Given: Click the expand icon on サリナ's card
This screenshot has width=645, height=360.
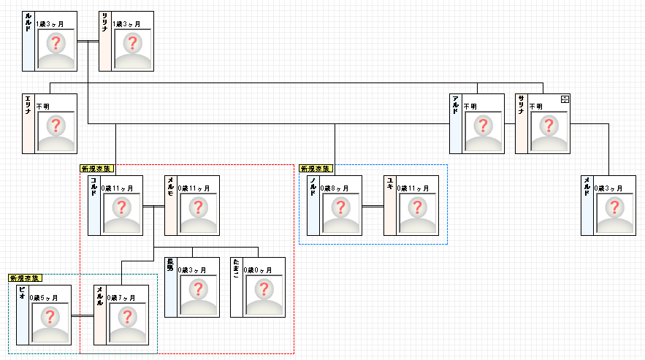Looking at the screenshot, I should tap(564, 99).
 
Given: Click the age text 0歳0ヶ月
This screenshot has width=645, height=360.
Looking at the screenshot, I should tap(258, 270).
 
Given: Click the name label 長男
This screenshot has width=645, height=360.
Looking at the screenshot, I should tap(170, 264).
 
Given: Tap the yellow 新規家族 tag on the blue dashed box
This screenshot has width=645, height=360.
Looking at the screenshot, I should tap(315, 169).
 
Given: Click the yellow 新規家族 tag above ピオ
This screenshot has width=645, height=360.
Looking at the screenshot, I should tap(25, 278).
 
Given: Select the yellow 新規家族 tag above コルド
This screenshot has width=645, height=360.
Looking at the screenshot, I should tap(96, 169).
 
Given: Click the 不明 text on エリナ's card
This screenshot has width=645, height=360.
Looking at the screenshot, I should tap(43, 107).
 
